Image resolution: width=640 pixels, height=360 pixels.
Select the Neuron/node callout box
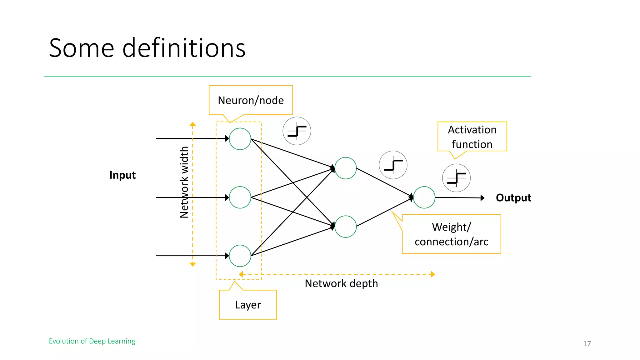(x=251, y=100)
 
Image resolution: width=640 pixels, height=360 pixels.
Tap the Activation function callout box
(x=472, y=137)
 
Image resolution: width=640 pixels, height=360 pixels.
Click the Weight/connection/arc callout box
(x=451, y=234)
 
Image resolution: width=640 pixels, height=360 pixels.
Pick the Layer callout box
(x=248, y=305)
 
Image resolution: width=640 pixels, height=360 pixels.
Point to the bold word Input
(x=122, y=175)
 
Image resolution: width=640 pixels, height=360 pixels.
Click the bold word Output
(x=513, y=198)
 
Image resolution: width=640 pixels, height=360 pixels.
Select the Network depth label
(x=341, y=283)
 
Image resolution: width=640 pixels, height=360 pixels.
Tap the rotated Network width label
(x=184, y=182)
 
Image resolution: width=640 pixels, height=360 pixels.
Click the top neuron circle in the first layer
(x=240, y=139)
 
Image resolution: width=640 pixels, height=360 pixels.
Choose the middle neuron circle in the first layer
(x=240, y=197)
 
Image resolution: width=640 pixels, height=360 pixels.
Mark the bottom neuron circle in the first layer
(x=240, y=256)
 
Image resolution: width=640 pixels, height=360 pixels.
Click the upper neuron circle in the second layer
(x=345, y=168)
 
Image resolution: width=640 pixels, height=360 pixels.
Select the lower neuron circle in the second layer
(x=345, y=227)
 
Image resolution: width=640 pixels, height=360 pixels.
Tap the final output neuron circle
(x=424, y=197)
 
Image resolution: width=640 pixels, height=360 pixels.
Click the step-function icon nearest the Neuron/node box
(x=297, y=131)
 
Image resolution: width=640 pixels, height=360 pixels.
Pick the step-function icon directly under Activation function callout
(x=456, y=178)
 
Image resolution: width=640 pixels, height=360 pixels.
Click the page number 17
(x=587, y=344)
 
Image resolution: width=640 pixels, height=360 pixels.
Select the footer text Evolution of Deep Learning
(x=92, y=341)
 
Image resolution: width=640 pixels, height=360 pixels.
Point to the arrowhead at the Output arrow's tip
(x=482, y=198)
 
